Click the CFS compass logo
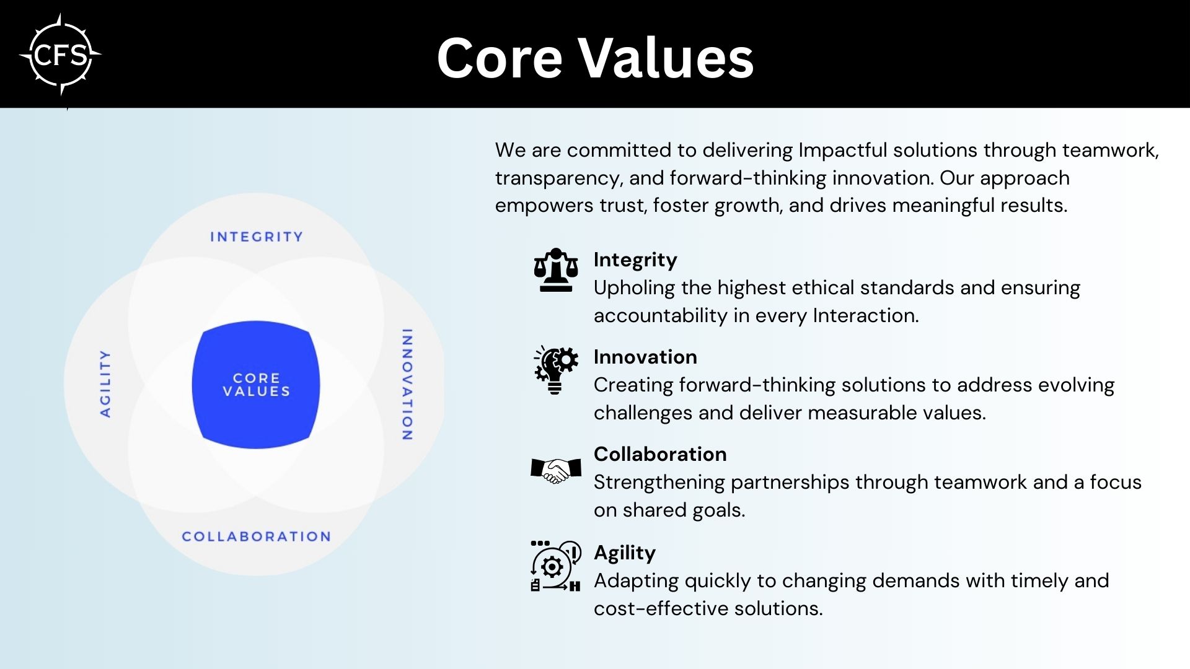60,56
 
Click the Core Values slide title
595,58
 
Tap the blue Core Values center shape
256,385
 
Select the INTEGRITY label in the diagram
257,237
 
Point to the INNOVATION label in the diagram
407,385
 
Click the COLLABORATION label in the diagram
256,536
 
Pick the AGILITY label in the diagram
105,383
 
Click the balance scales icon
556,270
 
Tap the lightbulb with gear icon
556,370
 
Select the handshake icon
556,471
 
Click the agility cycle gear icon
556,566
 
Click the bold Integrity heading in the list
635,260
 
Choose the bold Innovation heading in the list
645,357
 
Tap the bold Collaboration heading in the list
660,454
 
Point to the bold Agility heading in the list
625,553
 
